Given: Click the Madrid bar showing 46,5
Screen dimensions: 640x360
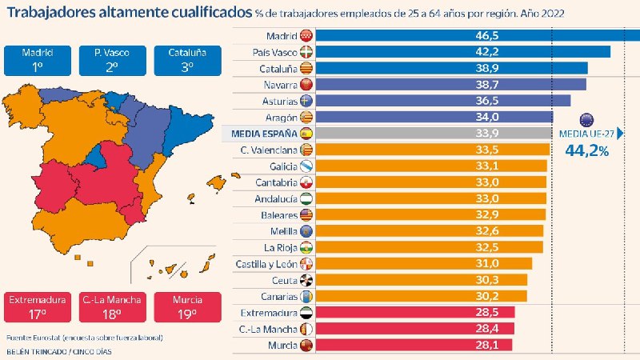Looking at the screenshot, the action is pos(478,35).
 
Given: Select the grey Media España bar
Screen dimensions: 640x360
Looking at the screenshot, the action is pos(434,133).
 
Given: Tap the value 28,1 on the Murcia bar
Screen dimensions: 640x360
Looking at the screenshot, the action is pos(486,345).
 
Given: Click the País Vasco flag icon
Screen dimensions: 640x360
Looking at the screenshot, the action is pos(306,52).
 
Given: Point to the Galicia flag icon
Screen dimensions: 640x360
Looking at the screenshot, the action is pos(306,166).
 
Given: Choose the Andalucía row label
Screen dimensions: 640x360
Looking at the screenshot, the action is pos(276,198).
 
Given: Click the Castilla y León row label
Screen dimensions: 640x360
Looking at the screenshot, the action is pos(266,264).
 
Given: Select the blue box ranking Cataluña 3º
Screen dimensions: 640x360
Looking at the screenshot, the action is pos(188,61).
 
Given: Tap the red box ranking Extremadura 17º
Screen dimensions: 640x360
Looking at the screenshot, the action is pos(38,307).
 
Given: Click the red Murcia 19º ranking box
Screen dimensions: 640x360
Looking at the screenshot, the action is pos(188,307).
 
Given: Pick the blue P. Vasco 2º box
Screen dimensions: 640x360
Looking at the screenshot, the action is pos(113,61).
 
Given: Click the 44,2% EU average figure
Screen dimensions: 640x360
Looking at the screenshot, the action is pos(586,151).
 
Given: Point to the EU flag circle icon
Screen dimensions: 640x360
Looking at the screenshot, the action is pos(586,120).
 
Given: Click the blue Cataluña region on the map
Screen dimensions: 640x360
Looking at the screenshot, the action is pos(188,127).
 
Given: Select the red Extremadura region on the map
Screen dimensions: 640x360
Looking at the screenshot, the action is pos(53,186).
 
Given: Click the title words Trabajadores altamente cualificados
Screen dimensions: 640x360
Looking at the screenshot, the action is pos(130,12).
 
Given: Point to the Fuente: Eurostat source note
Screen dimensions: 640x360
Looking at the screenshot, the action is pos(85,338).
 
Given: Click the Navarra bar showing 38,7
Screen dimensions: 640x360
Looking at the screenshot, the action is pos(451,85).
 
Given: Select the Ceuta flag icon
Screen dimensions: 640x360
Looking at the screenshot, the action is pos(306,280).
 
